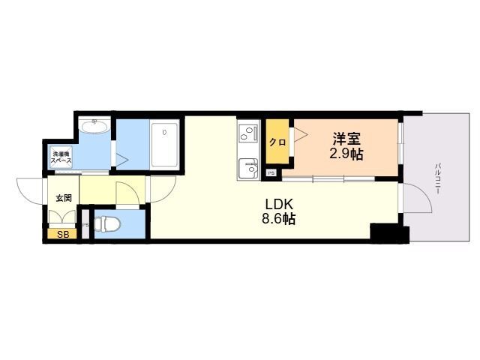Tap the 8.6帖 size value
277,219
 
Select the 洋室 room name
347,139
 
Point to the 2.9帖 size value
347,154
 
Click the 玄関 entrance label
63,198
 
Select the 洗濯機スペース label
61,158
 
